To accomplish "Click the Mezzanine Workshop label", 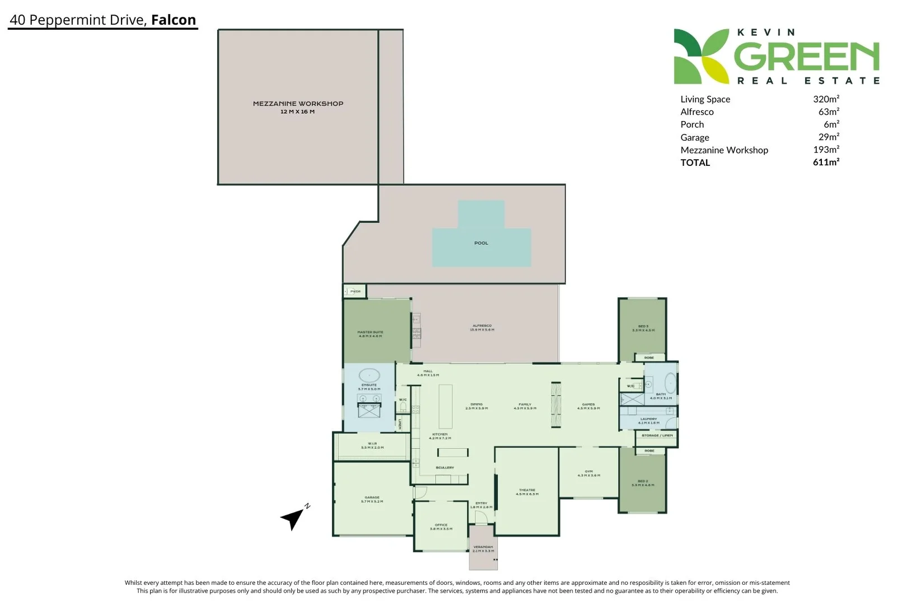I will (x=298, y=104).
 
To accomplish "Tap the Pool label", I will (x=481, y=243).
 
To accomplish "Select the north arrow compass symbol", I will (x=293, y=518).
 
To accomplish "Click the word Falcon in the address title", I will (x=174, y=20).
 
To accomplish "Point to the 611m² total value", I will (x=826, y=162).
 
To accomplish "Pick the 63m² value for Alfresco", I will (x=829, y=112).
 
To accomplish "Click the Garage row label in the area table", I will (x=695, y=137).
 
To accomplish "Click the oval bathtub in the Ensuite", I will (x=369, y=376).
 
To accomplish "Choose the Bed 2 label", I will (x=643, y=482).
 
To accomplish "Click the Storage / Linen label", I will (x=657, y=435).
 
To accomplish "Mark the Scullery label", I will (x=445, y=467).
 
